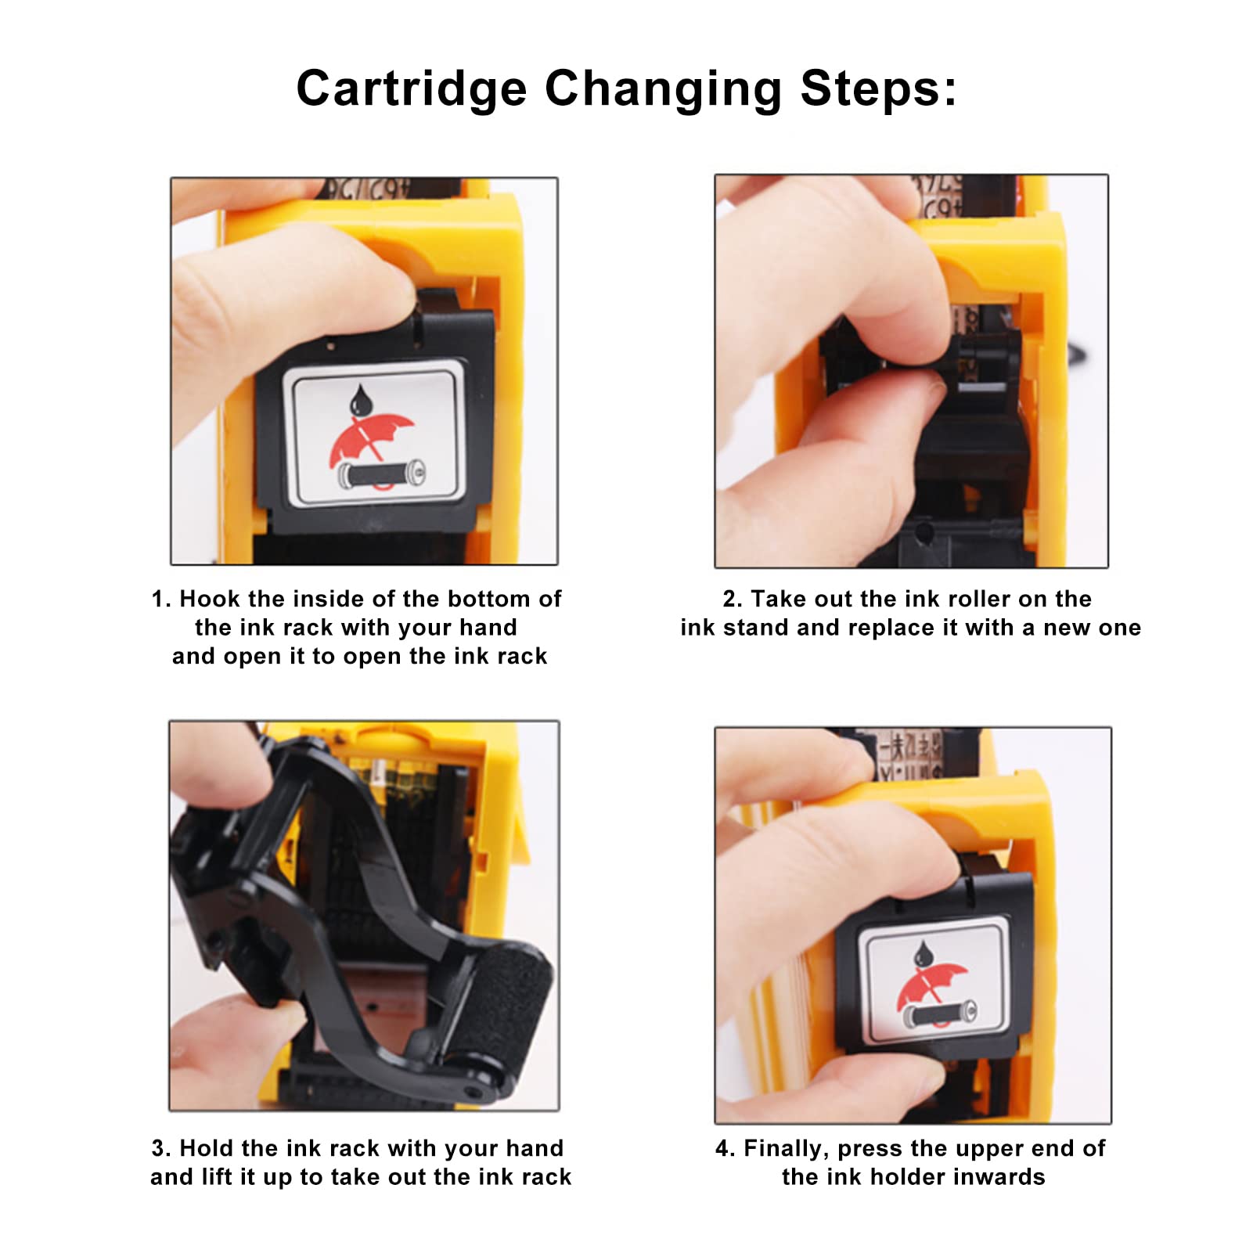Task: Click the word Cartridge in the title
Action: [x=411, y=88]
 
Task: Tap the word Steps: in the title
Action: [x=878, y=88]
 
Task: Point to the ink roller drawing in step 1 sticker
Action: [x=381, y=474]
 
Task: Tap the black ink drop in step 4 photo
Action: [x=924, y=953]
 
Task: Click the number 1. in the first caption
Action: [x=161, y=599]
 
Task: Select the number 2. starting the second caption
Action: [x=733, y=599]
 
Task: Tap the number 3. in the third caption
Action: [x=161, y=1148]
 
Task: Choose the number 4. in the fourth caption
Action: [x=725, y=1148]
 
